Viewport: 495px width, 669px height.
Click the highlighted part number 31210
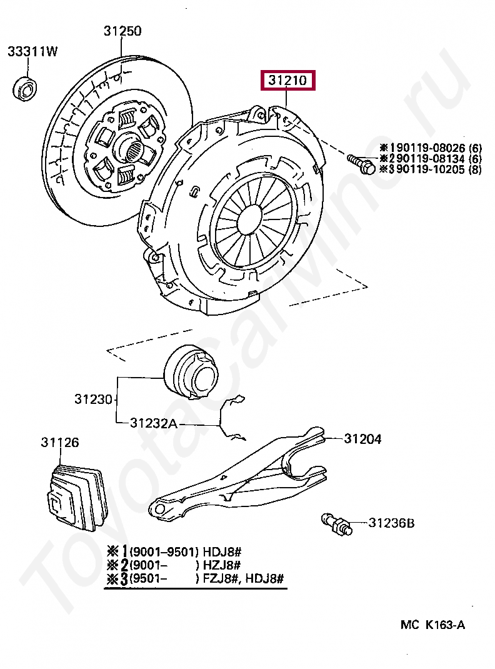(287, 81)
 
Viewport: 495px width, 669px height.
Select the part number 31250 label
(122, 31)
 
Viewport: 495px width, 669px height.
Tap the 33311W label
(32, 52)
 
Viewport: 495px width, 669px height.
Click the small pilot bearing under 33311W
(26, 88)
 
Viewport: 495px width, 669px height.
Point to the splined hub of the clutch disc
(132, 149)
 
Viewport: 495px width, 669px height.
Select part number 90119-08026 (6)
(431, 148)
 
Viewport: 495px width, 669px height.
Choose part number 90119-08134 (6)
(431, 159)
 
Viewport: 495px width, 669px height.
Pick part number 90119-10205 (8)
(431, 169)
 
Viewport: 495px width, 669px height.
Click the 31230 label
(93, 399)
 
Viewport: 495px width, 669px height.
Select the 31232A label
(154, 423)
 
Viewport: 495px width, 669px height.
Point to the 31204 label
(362, 440)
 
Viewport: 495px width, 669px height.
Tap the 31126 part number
(60, 443)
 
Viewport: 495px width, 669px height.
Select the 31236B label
(391, 523)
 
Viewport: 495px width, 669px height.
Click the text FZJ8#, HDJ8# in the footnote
(243, 578)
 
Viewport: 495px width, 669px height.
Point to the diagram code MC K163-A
(433, 625)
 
